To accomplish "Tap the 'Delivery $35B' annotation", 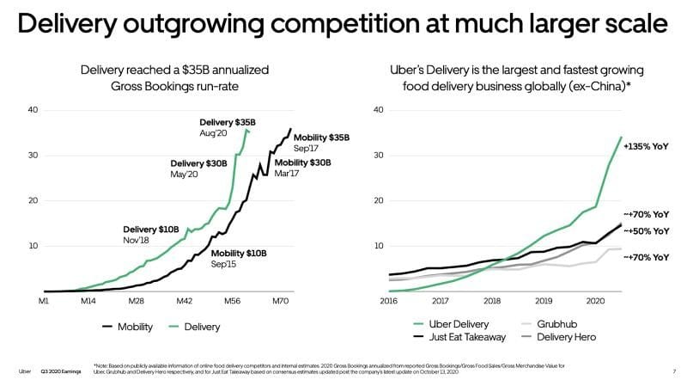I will pos(222,122).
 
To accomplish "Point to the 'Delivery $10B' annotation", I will pos(150,230).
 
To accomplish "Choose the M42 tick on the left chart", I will pos(183,302).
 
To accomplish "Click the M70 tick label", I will pos(279,302).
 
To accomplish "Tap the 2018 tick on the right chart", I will pos(493,302).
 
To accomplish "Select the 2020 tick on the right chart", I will pos(596,302).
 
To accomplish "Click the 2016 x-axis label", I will pos(389,302).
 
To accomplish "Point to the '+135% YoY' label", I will pos(647,145).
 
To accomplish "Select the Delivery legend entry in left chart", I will pos(192,327).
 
